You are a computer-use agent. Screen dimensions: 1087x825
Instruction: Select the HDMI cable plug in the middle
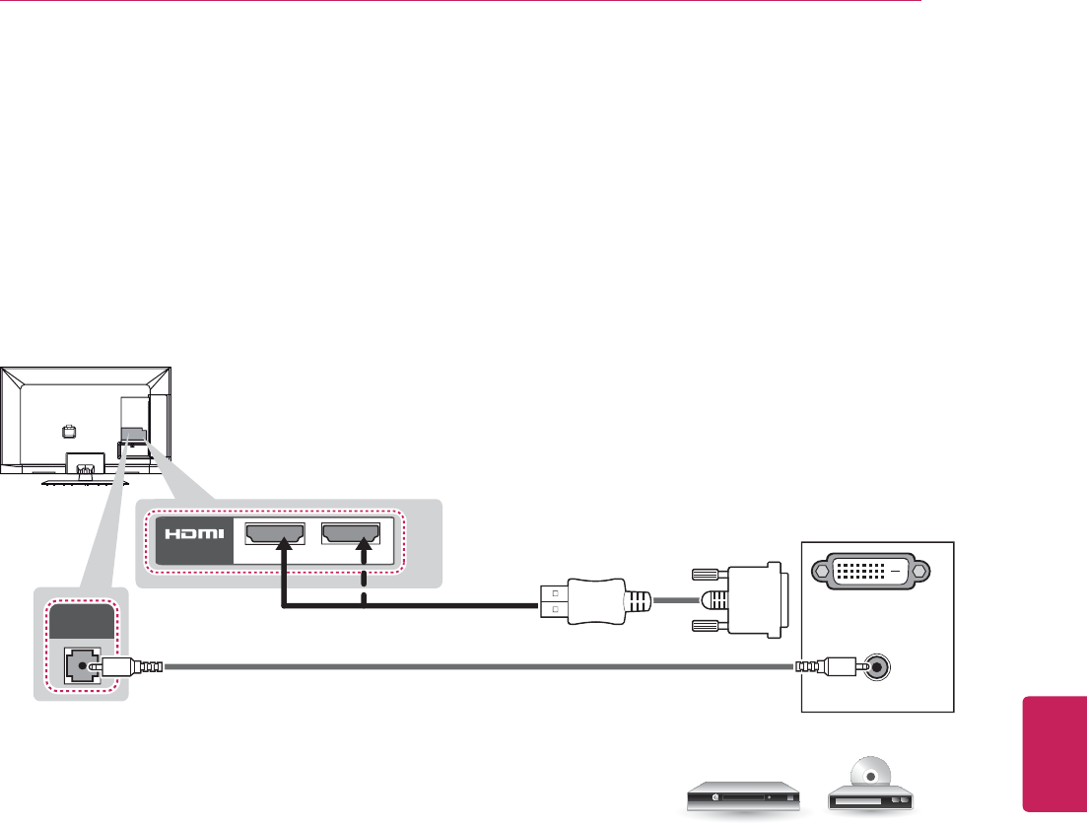[x=585, y=599]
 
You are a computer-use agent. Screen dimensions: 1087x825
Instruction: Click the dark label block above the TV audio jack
[x=81, y=625]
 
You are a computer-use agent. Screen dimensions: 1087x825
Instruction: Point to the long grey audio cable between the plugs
[x=473, y=667]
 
